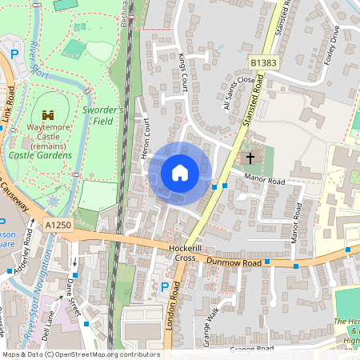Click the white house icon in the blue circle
(x=180, y=173)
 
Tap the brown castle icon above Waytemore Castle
(x=48, y=115)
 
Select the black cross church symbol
(x=250, y=158)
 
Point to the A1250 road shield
(x=59, y=226)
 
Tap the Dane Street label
(x=74, y=295)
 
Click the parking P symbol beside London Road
(x=165, y=287)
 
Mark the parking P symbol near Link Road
(x=14, y=54)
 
